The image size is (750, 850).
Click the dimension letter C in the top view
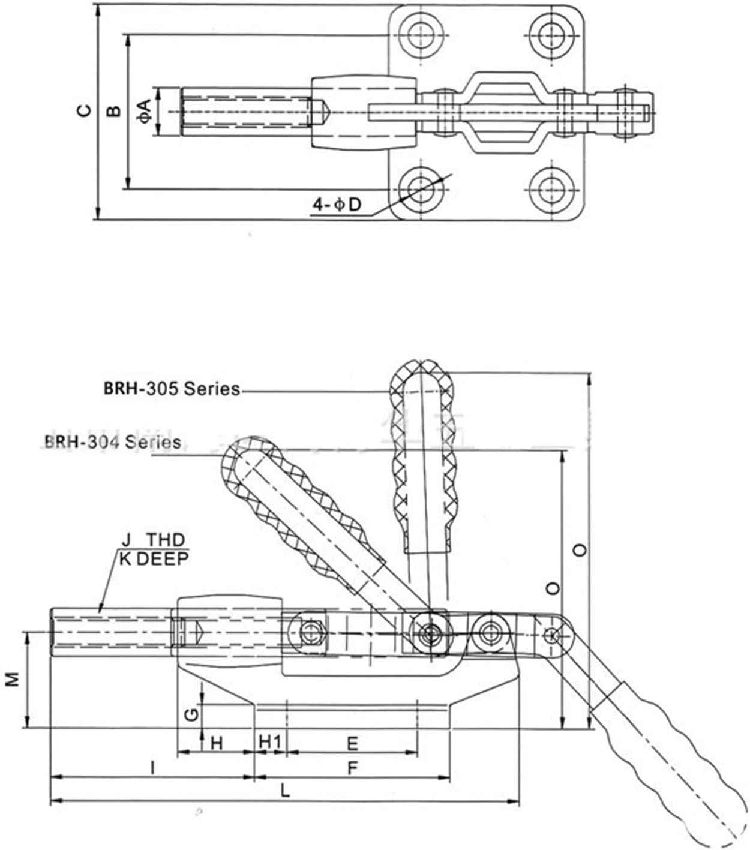[x=86, y=110]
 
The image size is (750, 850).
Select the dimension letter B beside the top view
[x=113, y=110]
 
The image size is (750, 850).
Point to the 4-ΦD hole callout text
[x=337, y=205]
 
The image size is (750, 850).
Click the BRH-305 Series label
[x=172, y=389]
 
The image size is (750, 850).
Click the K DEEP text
[x=154, y=559]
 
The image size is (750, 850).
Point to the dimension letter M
[x=13, y=678]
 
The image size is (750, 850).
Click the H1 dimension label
[x=270, y=743]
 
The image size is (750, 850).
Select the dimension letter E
[x=353, y=744]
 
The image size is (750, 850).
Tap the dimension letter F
[x=353, y=767]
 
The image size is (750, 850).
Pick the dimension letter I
[x=153, y=767]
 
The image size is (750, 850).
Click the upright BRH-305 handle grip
[x=424, y=456]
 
